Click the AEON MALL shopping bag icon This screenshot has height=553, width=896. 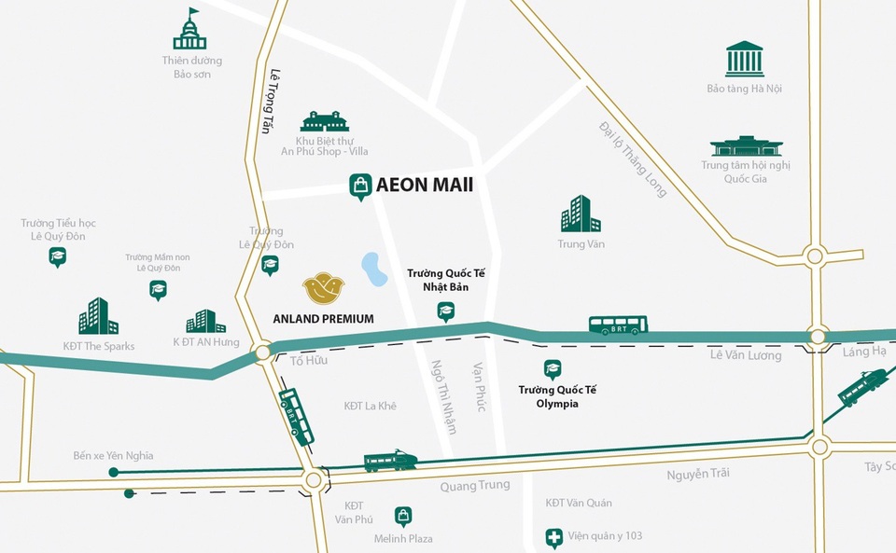360,187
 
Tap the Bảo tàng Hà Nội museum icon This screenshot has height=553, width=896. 744,59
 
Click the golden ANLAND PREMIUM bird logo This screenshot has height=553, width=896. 323,288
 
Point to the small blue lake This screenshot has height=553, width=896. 374,270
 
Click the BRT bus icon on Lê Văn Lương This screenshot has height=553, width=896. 618,325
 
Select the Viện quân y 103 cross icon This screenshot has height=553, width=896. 554,538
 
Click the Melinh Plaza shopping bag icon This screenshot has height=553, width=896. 403,516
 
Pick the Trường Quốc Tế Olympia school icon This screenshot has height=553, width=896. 553,369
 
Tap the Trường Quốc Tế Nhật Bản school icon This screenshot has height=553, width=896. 446,311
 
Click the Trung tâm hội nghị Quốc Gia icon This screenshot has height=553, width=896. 746,146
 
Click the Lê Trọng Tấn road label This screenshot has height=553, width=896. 267,101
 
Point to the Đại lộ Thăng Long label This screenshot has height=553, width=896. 634,159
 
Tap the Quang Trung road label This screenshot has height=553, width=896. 475,485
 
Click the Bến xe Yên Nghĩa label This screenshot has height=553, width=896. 113,456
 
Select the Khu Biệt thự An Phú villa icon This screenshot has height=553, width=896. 324,121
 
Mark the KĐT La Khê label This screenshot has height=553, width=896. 370,406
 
